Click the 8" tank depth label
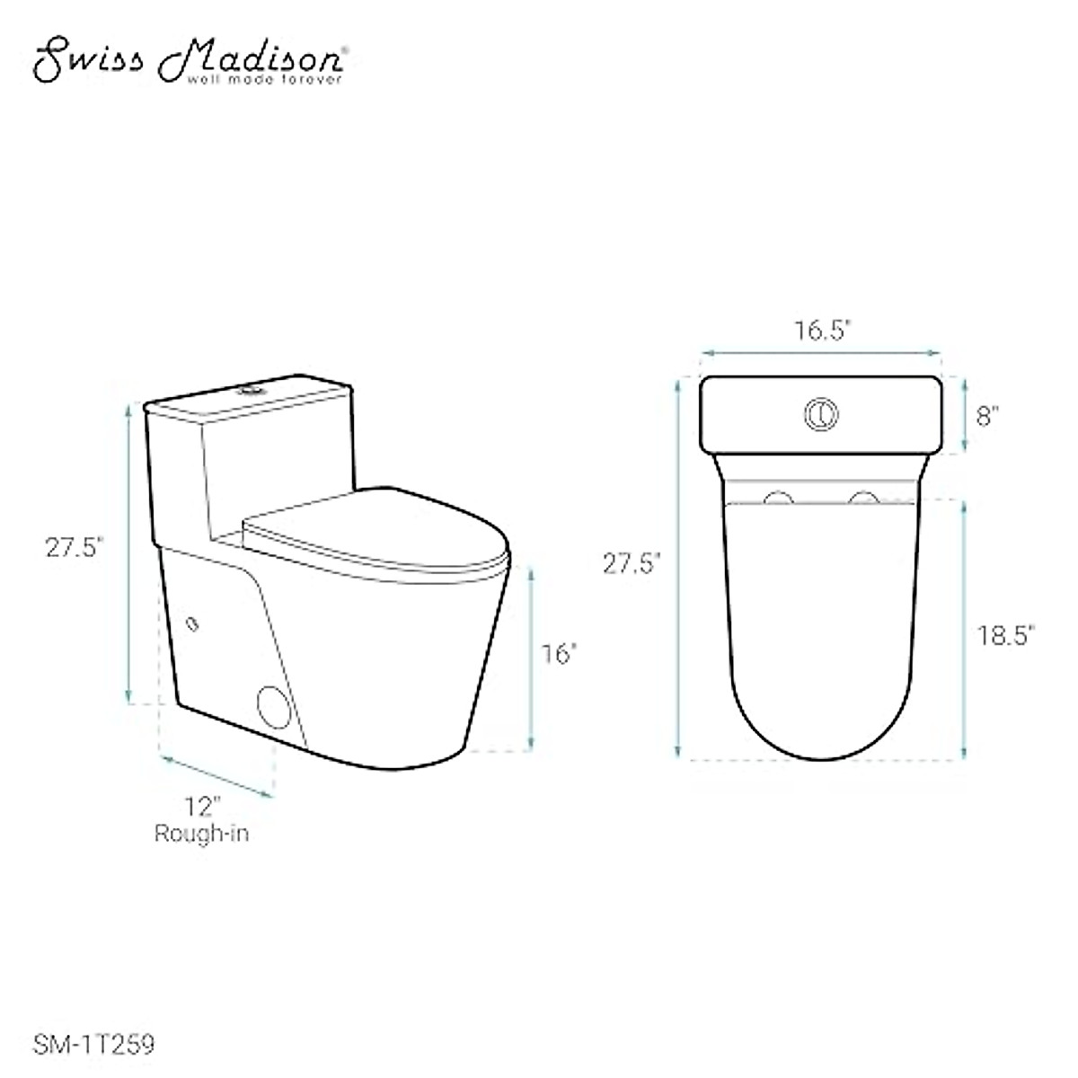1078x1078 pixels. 988,416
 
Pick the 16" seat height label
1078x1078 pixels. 558,654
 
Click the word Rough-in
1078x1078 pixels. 201,833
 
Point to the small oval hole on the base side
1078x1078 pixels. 191,623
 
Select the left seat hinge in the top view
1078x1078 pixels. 778,498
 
